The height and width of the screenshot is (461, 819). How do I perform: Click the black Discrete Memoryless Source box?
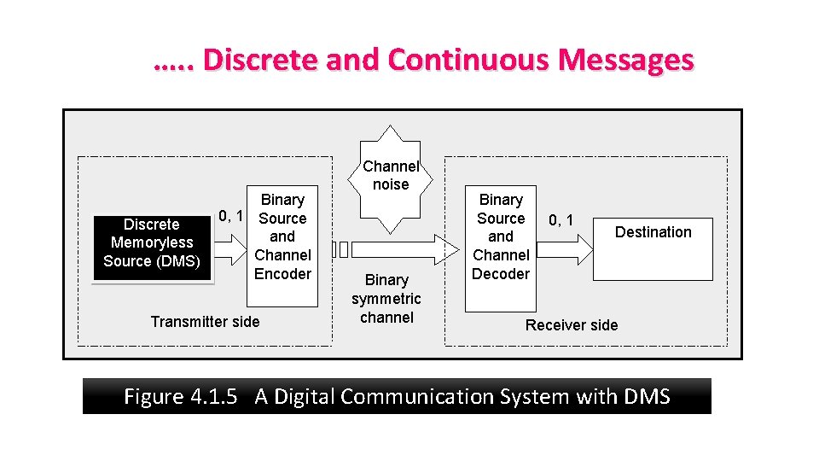click(152, 243)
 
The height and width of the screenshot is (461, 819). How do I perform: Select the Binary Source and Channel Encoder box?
click(282, 246)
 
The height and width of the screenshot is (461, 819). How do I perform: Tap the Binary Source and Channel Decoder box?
click(501, 246)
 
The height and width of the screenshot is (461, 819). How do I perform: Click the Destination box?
click(653, 243)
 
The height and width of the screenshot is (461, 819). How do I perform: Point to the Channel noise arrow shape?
click(390, 178)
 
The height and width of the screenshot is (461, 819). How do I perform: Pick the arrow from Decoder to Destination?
click(566, 248)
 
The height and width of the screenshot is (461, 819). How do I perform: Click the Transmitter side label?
click(205, 322)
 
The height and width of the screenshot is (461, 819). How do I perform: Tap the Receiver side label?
click(572, 325)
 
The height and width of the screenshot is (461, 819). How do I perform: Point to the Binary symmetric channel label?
click(386, 299)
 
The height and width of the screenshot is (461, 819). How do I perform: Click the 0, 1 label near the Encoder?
click(231, 217)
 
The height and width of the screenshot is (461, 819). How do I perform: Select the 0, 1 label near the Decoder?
click(561, 221)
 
